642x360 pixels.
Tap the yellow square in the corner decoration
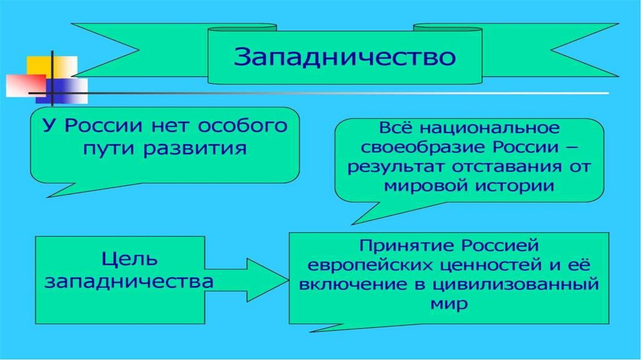coord(51,66)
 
